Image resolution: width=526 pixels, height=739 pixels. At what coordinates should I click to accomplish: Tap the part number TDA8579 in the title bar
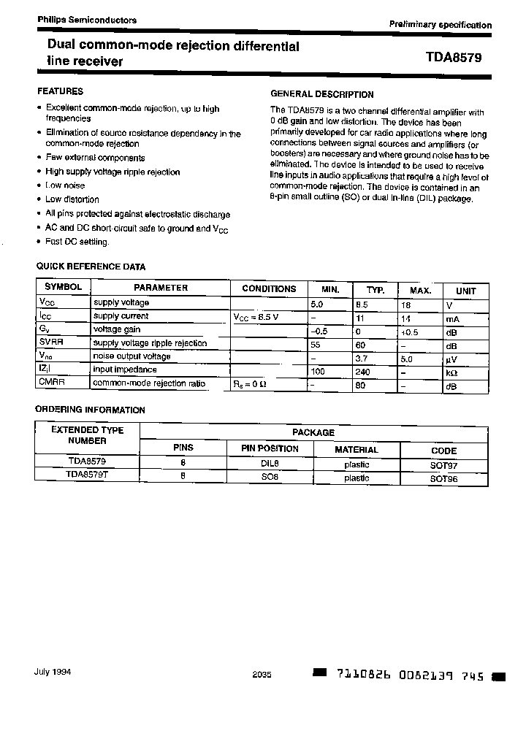(454, 57)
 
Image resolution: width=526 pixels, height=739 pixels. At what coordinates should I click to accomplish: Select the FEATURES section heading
(60, 91)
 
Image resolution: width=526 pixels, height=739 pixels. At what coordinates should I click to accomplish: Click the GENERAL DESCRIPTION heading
(322, 94)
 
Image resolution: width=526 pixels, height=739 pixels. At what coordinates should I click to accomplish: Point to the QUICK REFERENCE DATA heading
(91, 267)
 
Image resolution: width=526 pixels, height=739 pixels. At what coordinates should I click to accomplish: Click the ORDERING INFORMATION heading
(91, 410)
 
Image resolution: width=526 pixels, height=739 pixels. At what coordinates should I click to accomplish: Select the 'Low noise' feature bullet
(65, 185)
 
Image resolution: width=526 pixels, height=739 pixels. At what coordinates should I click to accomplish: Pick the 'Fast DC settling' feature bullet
(77, 242)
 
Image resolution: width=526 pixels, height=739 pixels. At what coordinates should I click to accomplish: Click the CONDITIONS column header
(269, 288)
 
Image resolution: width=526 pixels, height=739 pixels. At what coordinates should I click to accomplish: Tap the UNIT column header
(465, 290)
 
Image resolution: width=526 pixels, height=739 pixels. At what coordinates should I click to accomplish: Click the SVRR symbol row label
(51, 342)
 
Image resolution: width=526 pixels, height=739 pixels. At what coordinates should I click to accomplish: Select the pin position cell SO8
(270, 477)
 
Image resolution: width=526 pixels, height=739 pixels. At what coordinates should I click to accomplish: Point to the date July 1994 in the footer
(53, 673)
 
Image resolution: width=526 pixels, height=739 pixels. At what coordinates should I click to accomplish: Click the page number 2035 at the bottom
(262, 675)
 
